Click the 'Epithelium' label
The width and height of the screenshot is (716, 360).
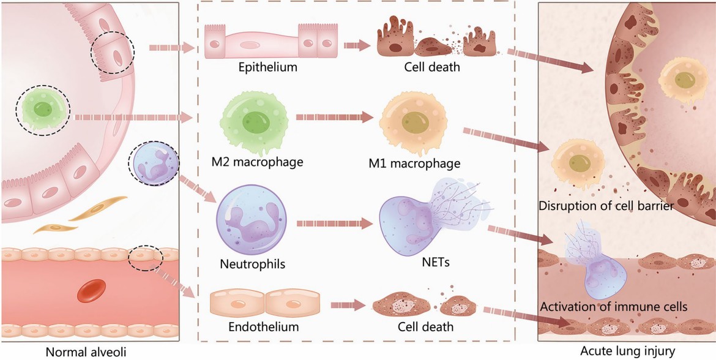coord(267,67)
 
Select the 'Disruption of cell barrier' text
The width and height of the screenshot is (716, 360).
coord(606,206)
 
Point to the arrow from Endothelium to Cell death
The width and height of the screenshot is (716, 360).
coord(348,304)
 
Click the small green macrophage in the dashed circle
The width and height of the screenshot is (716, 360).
coord(43,110)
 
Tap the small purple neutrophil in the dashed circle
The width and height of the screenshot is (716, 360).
coord(154,164)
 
